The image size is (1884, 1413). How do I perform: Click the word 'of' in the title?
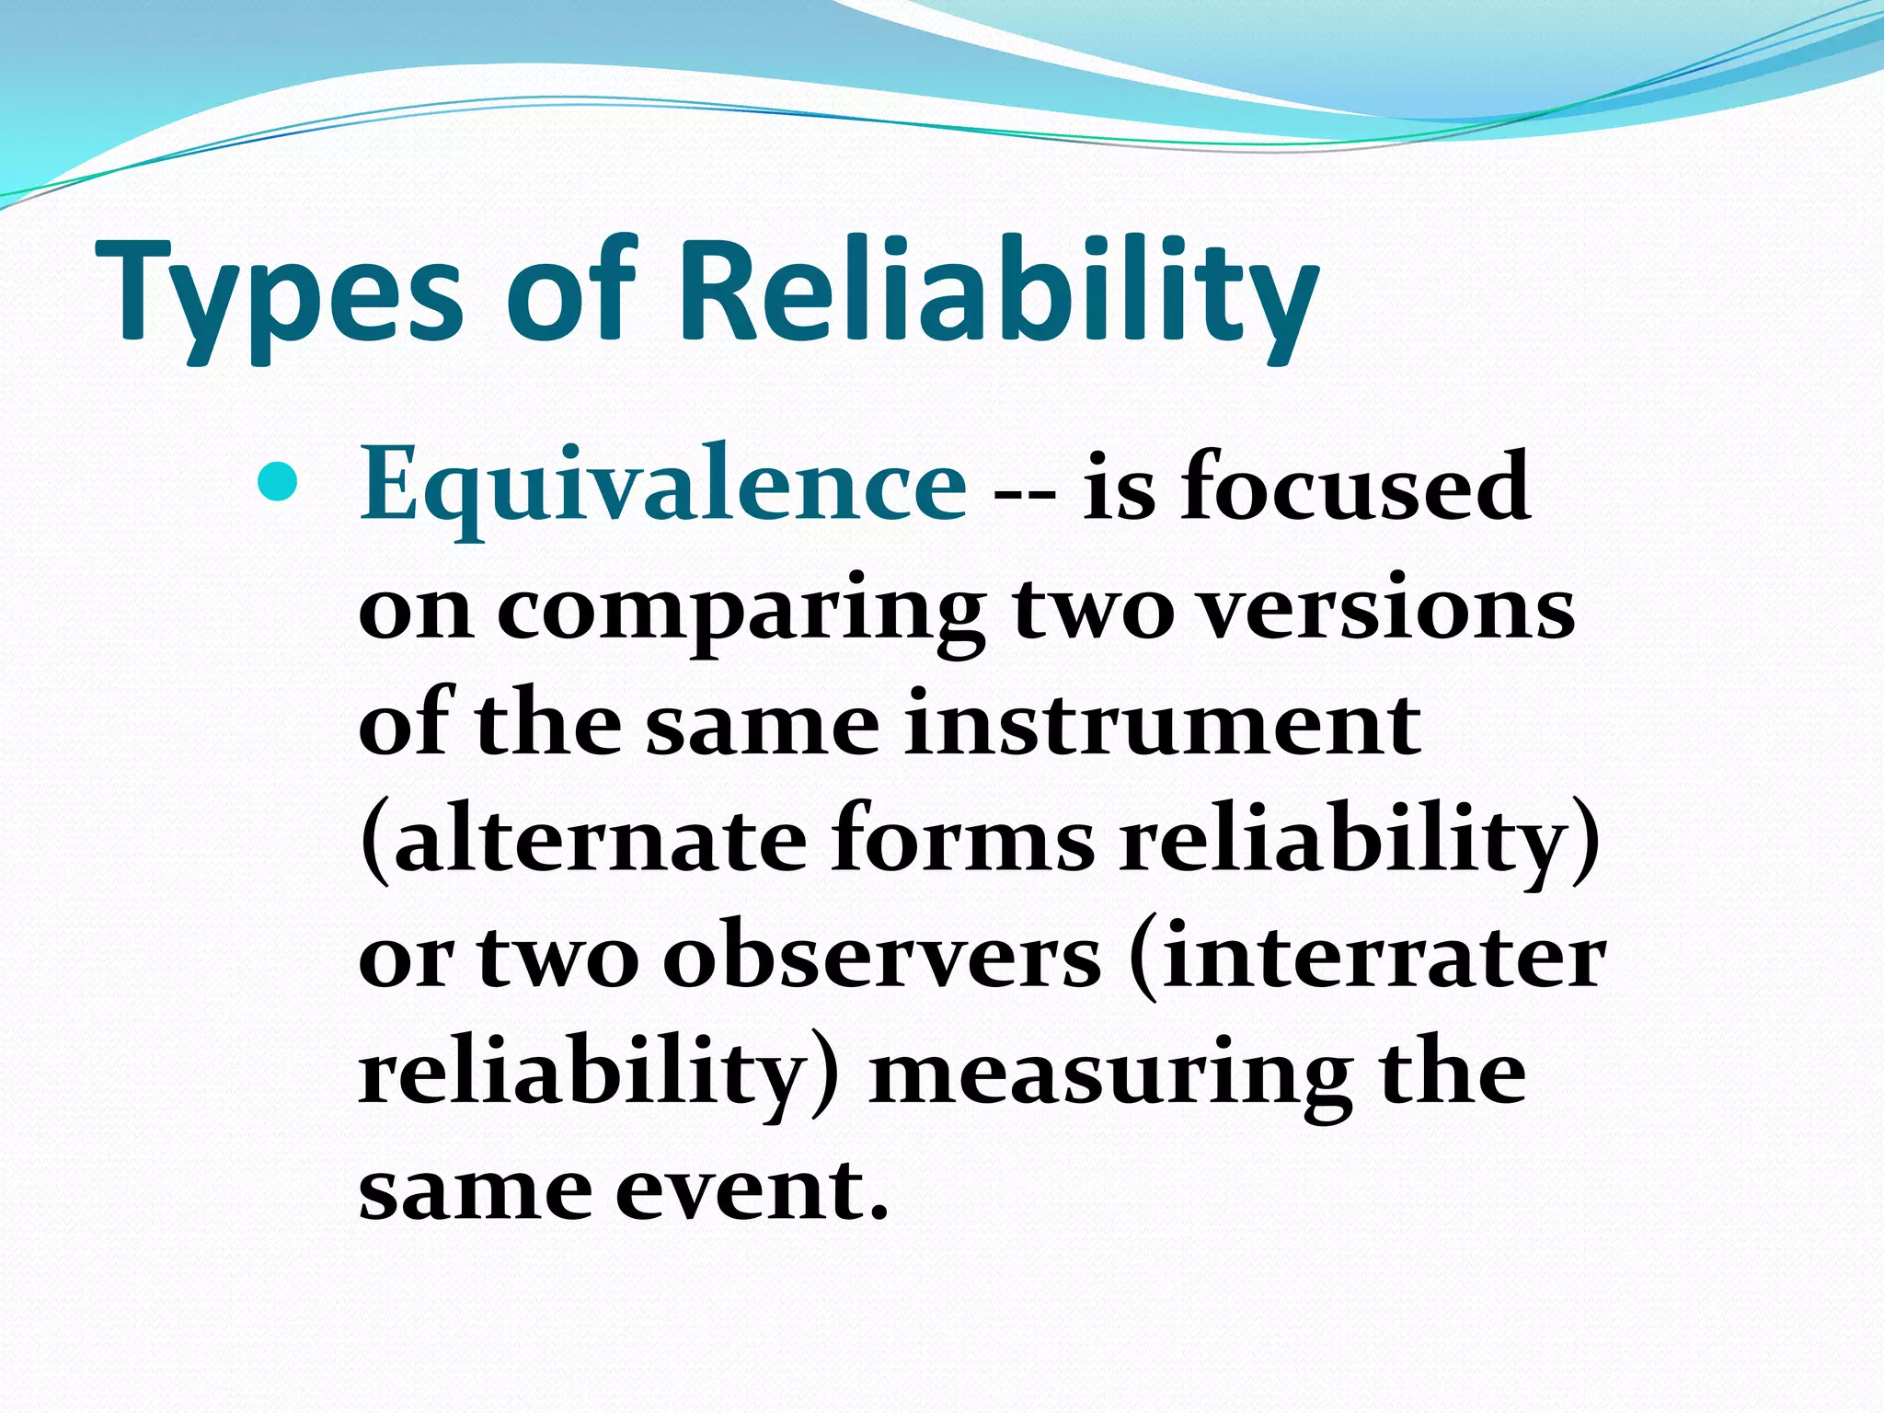570,293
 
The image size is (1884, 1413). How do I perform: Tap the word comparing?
741,615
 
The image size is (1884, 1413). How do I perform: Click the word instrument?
1162,725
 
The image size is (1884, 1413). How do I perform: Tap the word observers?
881,958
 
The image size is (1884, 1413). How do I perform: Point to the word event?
741,1190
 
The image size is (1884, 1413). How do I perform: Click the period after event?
879,1212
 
